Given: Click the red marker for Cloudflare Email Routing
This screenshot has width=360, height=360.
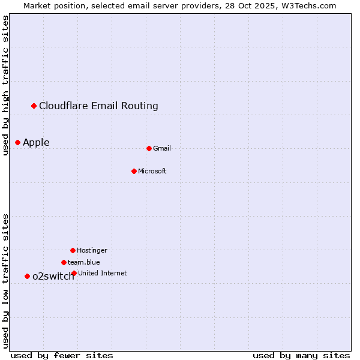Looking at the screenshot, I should click(34, 106).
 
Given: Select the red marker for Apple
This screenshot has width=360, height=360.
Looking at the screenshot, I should click(18, 142).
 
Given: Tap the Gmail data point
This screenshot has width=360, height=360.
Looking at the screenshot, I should click(149, 148).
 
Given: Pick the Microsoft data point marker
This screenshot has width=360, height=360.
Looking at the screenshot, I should click(134, 171).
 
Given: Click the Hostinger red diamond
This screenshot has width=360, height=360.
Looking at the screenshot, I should click(73, 250).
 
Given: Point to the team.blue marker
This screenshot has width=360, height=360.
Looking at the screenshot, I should click(64, 262).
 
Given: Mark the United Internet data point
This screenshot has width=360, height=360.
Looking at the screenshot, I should click(74, 273).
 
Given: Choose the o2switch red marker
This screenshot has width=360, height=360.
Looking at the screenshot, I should click(27, 276).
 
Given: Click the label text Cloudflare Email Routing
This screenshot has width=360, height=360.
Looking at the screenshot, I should click(98, 106).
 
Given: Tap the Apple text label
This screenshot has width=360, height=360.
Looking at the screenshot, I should click(36, 142).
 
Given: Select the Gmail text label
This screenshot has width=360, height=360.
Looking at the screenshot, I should click(162, 148).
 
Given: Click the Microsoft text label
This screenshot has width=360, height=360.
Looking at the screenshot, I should click(152, 171).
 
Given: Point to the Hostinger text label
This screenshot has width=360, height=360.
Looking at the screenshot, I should click(92, 250).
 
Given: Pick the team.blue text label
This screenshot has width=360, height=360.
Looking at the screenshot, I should click(84, 262).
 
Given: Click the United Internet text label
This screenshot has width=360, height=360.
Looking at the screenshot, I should click(103, 273).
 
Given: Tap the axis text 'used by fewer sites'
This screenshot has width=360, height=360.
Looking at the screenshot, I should click(62, 355).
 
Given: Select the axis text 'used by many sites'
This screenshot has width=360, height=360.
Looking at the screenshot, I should click(301, 355).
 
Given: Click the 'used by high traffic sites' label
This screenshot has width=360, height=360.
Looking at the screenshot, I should click(6, 85).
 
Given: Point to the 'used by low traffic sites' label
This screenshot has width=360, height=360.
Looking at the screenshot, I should click(6, 281).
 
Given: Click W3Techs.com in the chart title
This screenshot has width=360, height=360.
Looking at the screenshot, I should click(310, 5).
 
